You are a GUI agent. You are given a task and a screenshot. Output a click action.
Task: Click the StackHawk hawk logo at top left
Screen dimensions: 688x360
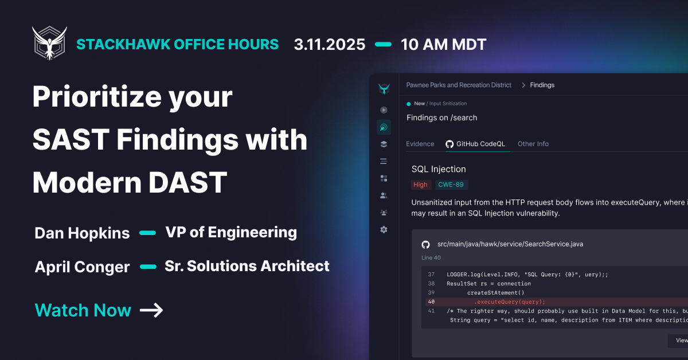point(49,43)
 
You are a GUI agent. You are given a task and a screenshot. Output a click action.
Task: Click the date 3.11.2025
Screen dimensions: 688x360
point(330,45)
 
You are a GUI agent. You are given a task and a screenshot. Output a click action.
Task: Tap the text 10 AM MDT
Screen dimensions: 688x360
point(444,45)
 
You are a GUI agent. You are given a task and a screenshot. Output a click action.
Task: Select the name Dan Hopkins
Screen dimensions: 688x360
point(82,233)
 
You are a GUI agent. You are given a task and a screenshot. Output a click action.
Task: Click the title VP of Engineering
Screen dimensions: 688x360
point(231,233)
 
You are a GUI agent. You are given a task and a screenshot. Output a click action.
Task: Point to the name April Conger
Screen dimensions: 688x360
point(82,267)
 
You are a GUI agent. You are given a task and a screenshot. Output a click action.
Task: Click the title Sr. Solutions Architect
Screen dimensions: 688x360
point(247,266)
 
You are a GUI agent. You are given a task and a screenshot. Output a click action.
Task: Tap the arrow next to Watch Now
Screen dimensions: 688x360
point(151,310)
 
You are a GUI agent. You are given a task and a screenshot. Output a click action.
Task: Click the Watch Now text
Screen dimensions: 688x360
point(83,310)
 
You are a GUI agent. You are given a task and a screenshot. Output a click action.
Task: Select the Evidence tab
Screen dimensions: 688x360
point(420,144)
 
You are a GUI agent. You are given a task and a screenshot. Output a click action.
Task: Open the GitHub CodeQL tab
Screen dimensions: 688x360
point(475,144)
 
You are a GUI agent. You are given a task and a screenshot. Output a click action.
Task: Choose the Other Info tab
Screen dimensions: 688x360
point(533,144)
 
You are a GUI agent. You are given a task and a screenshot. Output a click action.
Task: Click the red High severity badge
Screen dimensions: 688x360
point(420,185)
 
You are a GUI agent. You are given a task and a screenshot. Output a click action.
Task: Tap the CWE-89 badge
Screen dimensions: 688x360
point(451,185)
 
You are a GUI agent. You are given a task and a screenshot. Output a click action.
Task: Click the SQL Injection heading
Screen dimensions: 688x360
point(439,169)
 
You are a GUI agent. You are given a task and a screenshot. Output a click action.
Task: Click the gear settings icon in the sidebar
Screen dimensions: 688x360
point(384,229)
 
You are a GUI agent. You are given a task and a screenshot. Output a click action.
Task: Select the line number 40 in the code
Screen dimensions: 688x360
point(431,302)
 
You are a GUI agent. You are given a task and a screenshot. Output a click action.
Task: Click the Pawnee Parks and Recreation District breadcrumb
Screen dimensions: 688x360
point(459,85)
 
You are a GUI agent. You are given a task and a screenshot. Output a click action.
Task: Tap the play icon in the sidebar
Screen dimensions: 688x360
point(384,109)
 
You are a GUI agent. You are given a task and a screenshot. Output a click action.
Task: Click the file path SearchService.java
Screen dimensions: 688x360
point(510,244)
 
